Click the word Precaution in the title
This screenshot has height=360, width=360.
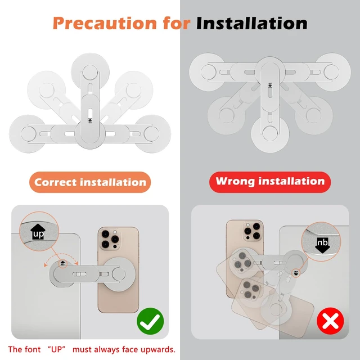point(105,24)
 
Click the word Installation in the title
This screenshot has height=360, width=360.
point(252,23)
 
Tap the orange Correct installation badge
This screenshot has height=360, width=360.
point(90,182)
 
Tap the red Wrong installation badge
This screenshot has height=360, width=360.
point(270,182)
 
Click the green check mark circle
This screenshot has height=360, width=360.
point(150,321)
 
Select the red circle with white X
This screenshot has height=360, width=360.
point(330,321)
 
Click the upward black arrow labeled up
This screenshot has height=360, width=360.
point(38,232)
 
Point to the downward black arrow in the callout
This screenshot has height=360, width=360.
point(322,245)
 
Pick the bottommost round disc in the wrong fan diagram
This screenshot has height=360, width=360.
point(270,134)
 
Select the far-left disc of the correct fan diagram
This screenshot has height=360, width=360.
point(28,134)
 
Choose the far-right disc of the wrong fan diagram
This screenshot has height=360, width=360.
point(332,72)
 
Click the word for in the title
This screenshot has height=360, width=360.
point(177,24)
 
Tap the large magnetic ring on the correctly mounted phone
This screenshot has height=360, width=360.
point(118,274)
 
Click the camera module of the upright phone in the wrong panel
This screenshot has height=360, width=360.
point(252,231)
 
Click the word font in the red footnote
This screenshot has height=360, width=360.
point(32,349)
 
